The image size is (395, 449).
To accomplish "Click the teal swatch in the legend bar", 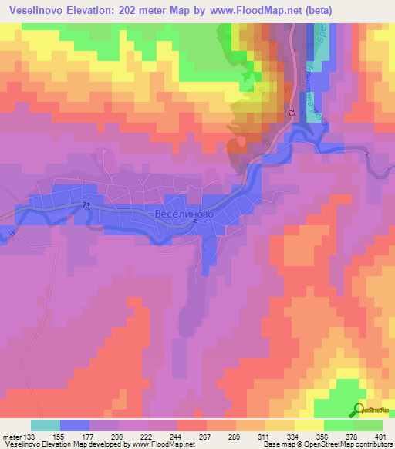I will click(45, 425).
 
